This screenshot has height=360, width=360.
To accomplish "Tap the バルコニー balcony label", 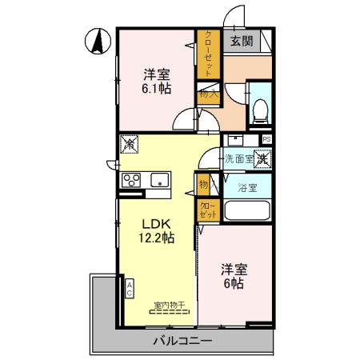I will pos(182,342).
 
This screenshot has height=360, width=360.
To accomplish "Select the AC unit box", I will pos(129,289).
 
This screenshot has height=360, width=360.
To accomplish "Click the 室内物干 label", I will pos(169,304).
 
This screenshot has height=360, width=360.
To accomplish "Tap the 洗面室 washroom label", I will pos(238,158).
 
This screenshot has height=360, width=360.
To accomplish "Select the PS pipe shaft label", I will pos(266,139).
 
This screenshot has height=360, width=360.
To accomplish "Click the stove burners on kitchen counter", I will pos(130,181).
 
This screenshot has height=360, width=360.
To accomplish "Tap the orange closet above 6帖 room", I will pos(207,210).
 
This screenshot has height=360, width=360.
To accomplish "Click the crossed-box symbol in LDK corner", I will pos(128,145).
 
